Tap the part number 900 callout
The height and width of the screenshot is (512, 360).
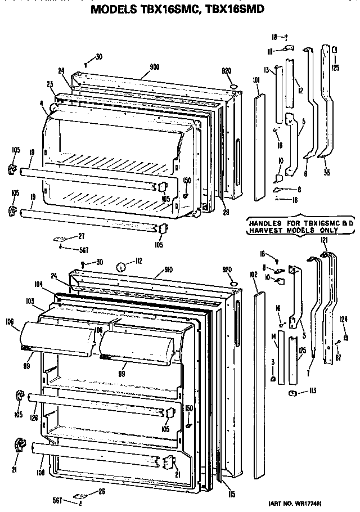[154, 67]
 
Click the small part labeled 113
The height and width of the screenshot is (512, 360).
[294, 393]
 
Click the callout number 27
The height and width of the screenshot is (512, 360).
[81, 237]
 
